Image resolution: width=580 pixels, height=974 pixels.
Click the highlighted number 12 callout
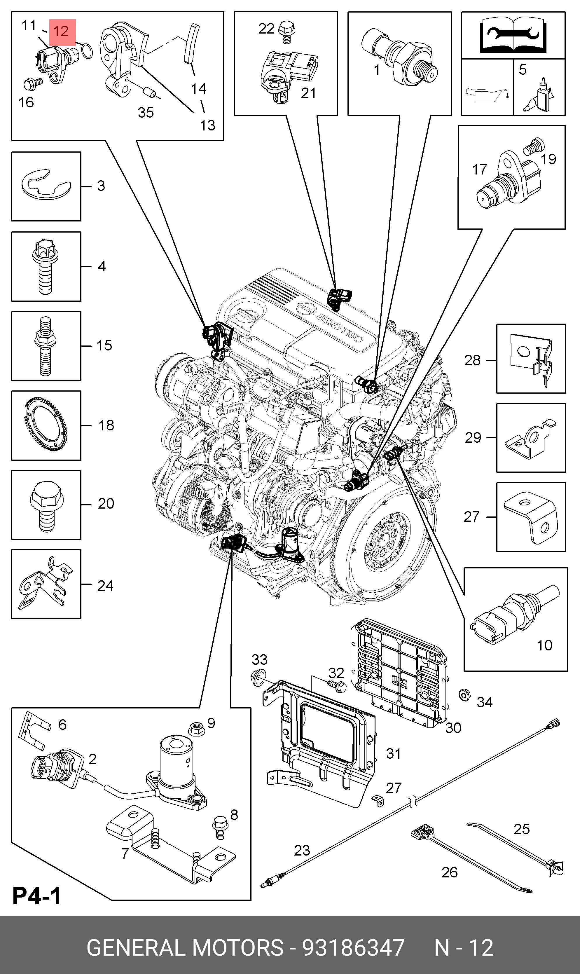[61, 32]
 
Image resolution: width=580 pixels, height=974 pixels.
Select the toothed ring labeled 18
[46, 425]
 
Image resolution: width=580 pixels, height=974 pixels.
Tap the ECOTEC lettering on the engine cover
[339, 327]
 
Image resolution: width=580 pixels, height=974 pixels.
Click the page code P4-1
[37, 896]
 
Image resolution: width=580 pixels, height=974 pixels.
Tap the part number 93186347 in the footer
[353, 948]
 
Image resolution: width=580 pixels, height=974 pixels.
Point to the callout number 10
[544, 645]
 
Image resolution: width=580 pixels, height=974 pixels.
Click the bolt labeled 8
[219, 827]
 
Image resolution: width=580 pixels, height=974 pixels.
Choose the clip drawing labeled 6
[34, 730]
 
